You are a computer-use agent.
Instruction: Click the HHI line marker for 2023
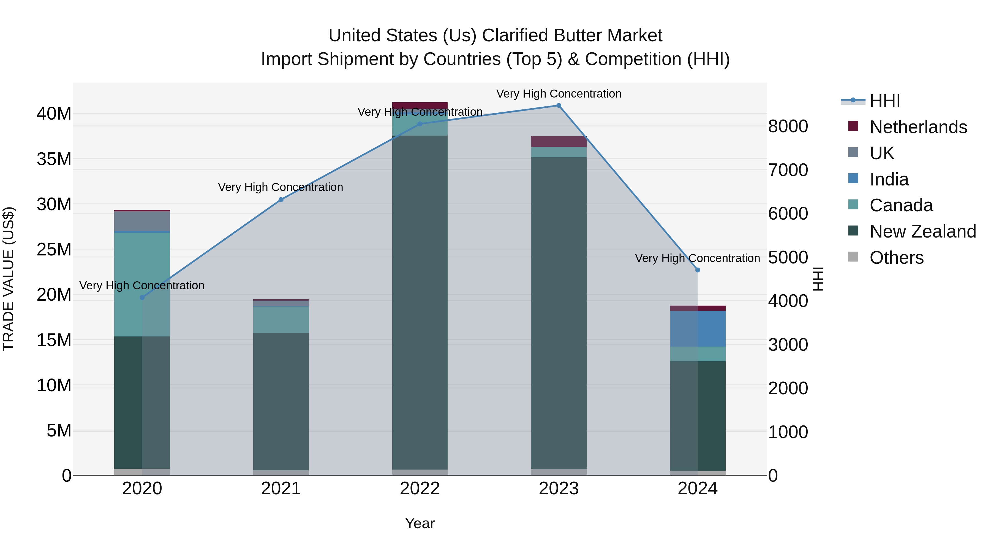[559, 106]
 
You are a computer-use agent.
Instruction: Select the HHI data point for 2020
[142, 297]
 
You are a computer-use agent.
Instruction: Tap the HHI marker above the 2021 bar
[281, 200]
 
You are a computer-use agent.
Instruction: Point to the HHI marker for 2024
[698, 270]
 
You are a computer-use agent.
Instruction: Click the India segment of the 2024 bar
[698, 328]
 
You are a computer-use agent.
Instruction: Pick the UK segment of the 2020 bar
[142, 221]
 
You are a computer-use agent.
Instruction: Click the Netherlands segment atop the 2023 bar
[559, 141]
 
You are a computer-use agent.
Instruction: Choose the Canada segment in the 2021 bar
[281, 319]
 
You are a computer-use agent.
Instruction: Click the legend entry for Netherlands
[918, 127]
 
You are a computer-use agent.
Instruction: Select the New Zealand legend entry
[922, 231]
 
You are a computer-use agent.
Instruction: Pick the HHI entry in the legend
[884, 101]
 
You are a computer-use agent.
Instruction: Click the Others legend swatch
[853, 257]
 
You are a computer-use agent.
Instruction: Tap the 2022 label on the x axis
[420, 489]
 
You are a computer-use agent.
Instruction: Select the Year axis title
[420, 523]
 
